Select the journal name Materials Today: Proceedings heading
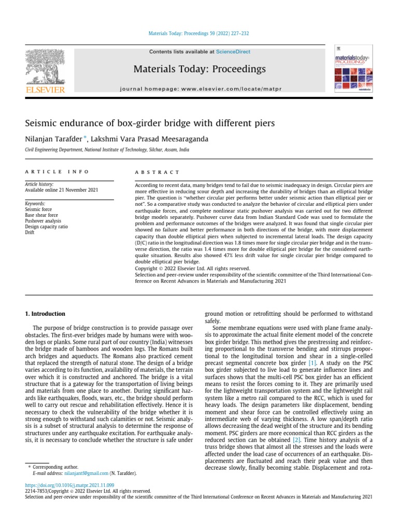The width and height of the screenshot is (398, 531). [200, 69]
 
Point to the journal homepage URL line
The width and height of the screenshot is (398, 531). [200, 89]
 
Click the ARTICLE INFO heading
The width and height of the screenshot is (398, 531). [57, 172]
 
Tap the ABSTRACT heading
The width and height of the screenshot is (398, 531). [157, 172]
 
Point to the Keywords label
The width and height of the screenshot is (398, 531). [35, 203]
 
